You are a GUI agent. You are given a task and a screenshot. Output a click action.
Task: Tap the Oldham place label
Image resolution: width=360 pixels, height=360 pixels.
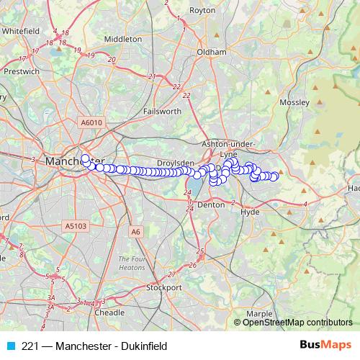pos(212,53)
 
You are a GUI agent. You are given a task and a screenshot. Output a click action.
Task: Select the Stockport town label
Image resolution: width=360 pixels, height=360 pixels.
pos(164,287)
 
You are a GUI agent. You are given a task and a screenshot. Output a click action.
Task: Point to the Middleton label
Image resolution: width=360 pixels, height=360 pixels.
pos(123,39)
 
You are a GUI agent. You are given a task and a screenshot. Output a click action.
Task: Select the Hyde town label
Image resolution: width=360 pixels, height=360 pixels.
pos(250,212)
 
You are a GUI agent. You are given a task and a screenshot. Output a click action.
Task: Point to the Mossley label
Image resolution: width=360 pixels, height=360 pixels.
pos(294,103)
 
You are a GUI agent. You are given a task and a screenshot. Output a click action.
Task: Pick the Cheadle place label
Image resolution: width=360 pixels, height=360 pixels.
pos(109,313)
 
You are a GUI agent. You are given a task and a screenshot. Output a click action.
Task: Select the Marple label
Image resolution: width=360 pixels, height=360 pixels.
pos(258,314)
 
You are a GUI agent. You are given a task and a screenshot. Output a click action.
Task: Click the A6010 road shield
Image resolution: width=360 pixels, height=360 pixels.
pos(92,123)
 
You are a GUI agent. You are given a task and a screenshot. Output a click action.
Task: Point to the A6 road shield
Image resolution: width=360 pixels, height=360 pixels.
pos(136,231)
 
